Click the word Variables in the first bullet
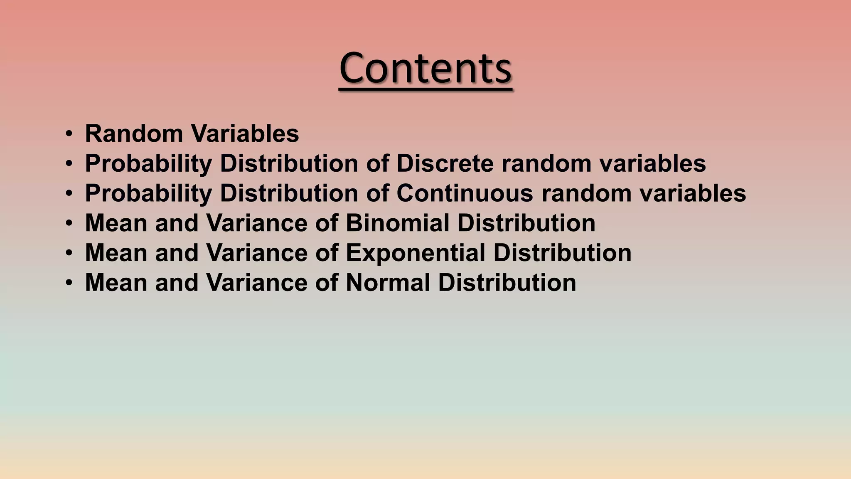pyautogui.click(x=245, y=134)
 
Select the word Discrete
pyautogui.click(x=445, y=163)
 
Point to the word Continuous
pyautogui.click(x=465, y=193)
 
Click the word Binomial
pyautogui.click(x=397, y=223)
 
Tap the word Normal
pyautogui.click(x=388, y=283)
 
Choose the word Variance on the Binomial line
pyautogui.click(x=256, y=223)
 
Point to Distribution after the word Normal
pyautogui.click(x=507, y=283)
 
